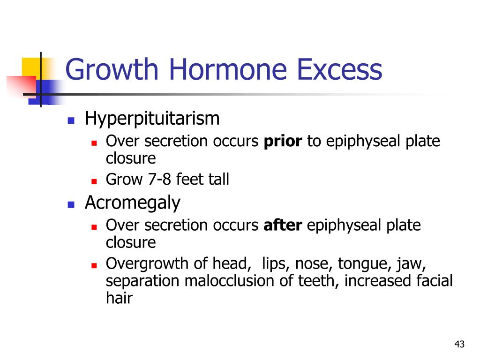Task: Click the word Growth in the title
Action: (112, 69)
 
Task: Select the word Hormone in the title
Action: (228, 69)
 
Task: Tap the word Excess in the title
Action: (340, 69)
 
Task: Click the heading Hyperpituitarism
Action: (152, 119)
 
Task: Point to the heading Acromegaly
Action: (133, 203)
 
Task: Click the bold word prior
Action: (283, 141)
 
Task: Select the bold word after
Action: (283, 225)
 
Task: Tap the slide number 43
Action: (459, 344)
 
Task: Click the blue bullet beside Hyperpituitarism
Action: (71, 120)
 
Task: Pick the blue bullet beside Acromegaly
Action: (71, 204)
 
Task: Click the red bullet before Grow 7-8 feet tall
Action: (94, 181)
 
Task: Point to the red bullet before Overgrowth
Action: (94, 265)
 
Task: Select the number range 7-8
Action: (159, 179)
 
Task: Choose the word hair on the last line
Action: (119, 298)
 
